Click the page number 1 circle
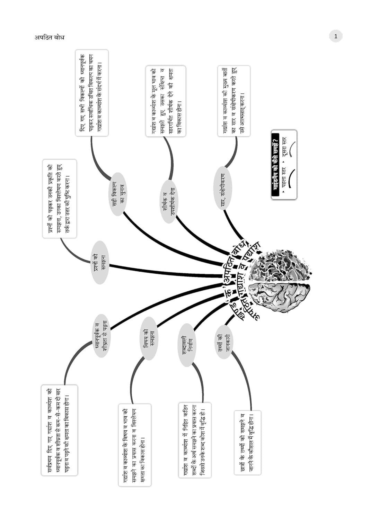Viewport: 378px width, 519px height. point(335,36)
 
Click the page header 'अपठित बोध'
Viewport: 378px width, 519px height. point(49,37)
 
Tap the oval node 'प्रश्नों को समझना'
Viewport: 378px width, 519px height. point(100,263)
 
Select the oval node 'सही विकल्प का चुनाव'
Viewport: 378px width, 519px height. point(118,194)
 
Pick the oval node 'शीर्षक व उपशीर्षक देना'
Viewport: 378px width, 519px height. point(169,201)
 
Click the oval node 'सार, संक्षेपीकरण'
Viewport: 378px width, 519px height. point(223,188)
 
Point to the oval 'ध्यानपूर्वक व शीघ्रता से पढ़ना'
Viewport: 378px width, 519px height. point(102,336)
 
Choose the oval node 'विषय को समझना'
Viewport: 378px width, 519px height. point(149,338)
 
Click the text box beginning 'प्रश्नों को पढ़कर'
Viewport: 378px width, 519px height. point(59,199)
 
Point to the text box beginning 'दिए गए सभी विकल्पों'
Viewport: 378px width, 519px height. point(92,93)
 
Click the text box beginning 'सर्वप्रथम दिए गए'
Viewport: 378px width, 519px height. point(59,430)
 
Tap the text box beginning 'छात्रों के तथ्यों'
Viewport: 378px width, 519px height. point(247,443)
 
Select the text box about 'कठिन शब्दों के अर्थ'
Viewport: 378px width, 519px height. point(195,440)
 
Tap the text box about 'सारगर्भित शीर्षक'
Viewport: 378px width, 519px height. point(166,101)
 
